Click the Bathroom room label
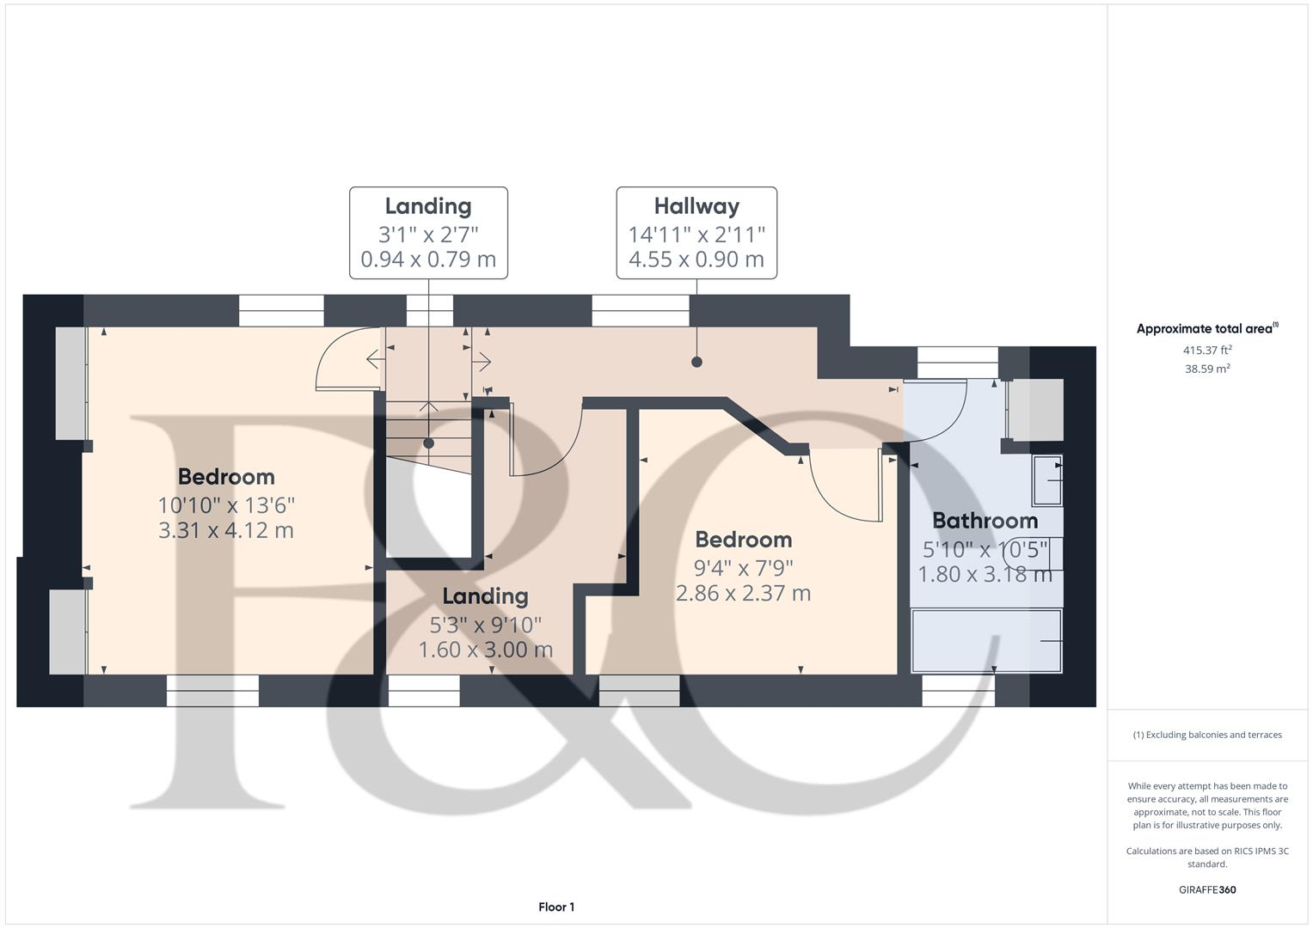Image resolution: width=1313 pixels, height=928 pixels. (985, 521)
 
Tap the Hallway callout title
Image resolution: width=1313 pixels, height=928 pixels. (696, 206)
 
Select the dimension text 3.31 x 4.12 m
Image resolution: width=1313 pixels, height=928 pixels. (226, 530)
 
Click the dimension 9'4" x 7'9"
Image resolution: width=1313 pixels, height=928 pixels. (744, 567)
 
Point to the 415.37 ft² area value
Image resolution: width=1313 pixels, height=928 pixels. (1207, 351)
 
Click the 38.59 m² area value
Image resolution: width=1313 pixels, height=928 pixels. (1207, 369)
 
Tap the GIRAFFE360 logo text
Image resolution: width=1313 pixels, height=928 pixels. (1207, 889)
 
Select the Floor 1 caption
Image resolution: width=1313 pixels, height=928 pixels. (556, 907)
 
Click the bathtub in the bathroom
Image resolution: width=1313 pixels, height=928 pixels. (986, 641)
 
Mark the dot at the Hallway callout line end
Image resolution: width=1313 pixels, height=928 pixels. (696, 362)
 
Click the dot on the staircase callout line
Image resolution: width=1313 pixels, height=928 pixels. (428, 443)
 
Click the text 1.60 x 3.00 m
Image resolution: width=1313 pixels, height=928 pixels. (486, 650)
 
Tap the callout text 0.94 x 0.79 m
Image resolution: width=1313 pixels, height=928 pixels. (428, 259)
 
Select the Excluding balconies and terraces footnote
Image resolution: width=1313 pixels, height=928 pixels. (1207, 735)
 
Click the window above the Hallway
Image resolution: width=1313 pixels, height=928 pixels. (641, 310)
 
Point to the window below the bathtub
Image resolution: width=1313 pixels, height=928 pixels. (959, 690)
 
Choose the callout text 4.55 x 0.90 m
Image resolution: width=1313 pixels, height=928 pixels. (696, 259)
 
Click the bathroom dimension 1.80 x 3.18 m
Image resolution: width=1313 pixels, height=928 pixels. (985, 574)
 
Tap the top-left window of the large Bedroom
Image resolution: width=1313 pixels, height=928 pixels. (281, 310)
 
